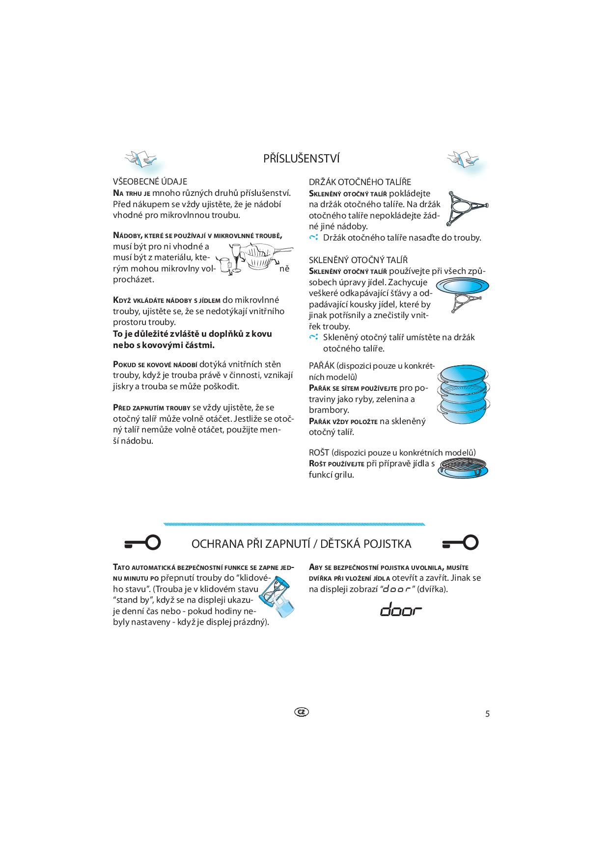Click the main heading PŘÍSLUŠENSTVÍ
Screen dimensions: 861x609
(302, 159)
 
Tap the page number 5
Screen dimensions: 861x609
(487, 714)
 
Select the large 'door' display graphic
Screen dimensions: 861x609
(401, 609)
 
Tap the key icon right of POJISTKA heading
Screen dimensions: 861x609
(460, 542)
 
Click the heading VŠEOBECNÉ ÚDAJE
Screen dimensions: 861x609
(150, 182)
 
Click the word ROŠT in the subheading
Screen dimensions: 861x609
(319, 453)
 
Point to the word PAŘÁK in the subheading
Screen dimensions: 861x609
(322, 366)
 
